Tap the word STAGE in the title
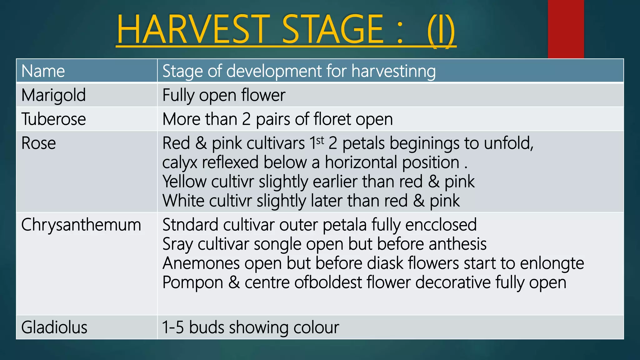(x=332, y=29)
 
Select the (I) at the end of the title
(x=441, y=30)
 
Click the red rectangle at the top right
(x=566, y=29)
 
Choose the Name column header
(x=43, y=71)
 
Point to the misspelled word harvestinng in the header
(x=393, y=71)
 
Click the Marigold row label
(x=53, y=95)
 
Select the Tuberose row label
(x=53, y=119)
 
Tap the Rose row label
(x=38, y=143)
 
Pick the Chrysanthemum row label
(x=81, y=225)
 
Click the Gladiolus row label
(x=54, y=327)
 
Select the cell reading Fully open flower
(x=224, y=95)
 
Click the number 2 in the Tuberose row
(x=246, y=119)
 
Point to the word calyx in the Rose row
(x=180, y=163)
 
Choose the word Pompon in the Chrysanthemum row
(x=192, y=282)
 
